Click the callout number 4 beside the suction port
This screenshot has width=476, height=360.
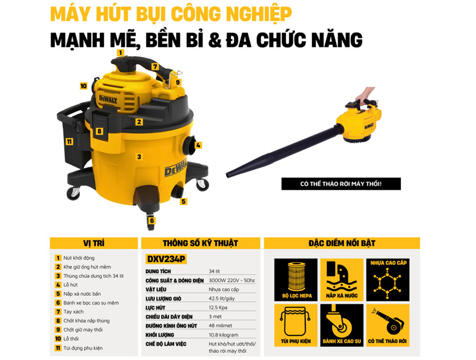(x=198, y=145)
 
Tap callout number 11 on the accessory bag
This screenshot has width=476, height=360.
(x=70, y=142)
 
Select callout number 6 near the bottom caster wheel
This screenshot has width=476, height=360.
(x=152, y=220)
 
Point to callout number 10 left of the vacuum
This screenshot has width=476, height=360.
(x=83, y=86)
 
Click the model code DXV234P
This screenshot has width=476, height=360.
(x=166, y=259)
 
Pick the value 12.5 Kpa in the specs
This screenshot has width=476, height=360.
(x=218, y=308)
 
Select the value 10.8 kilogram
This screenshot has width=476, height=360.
(x=224, y=335)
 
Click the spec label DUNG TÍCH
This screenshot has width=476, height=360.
(x=158, y=271)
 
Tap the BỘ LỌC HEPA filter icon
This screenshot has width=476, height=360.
(x=296, y=280)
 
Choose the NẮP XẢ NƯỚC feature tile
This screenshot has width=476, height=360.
(x=342, y=280)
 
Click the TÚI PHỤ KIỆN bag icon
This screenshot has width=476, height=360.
(x=296, y=325)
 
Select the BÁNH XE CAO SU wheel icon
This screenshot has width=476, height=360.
(x=342, y=325)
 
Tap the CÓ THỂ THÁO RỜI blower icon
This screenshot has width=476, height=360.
(x=388, y=325)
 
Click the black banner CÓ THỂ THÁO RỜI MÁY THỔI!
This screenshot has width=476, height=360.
(x=341, y=184)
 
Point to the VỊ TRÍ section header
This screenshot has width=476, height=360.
(x=94, y=243)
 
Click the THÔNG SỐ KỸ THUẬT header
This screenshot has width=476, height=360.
(x=201, y=243)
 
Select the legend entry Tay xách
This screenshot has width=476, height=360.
(x=73, y=312)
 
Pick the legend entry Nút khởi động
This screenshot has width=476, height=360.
(x=79, y=258)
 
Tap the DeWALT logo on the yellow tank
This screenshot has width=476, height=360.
(x=176, y=168)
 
